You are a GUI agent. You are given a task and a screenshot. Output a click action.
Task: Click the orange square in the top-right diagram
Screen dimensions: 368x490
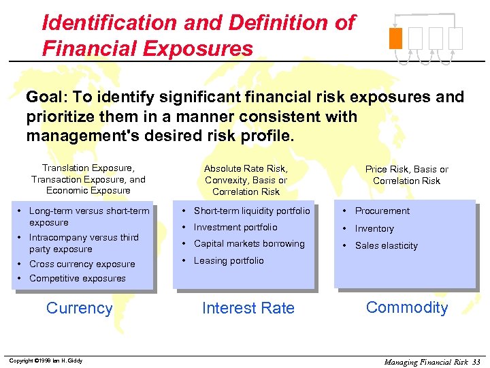coord(395,37)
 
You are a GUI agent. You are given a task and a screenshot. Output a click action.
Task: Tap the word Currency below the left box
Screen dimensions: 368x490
coord(79,308)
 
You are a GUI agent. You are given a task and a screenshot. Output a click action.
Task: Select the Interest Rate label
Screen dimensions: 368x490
coord(248,309)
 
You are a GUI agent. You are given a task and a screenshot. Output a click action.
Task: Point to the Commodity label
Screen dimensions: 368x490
coord(407,307)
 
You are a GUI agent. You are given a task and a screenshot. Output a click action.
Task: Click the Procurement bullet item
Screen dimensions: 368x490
coord(382,211)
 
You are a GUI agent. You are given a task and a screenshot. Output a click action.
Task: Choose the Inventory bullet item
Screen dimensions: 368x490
coord(374,228)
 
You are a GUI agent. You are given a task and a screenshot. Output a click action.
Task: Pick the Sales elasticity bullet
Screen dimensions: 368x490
coord(386,246)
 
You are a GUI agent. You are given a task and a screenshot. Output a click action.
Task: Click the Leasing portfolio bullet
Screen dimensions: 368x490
coord(229,261)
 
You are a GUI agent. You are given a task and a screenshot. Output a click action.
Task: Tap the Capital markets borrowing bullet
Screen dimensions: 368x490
coord(249,244)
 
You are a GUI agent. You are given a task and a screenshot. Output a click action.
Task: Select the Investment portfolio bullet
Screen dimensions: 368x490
coord(235,228)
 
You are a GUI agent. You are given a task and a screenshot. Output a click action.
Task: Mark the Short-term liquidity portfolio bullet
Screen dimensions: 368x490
coord(252,211)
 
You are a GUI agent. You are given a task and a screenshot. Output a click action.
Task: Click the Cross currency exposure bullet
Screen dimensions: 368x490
coord(82,264)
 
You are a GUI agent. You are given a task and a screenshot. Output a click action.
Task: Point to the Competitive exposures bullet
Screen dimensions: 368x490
coord(77,279)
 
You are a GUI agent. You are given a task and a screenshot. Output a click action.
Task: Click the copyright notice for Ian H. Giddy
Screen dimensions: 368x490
coord(46,361)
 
